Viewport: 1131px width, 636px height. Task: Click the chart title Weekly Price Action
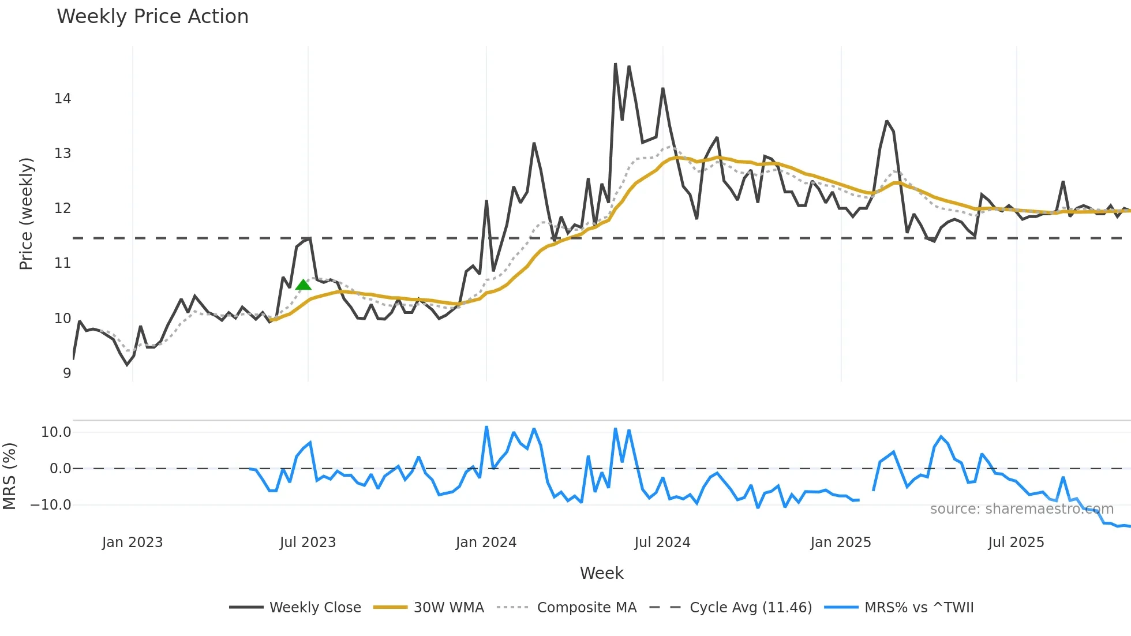152,17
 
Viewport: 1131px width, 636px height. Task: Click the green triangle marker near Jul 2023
303,285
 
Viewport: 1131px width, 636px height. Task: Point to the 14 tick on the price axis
63,99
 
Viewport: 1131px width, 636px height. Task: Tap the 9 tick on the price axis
67,373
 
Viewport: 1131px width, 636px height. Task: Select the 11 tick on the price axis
63,263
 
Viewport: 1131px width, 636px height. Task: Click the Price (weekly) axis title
26,214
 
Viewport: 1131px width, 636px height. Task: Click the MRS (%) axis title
9,476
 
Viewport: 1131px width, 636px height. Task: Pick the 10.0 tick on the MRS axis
56,432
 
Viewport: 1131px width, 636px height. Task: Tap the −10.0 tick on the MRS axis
51,505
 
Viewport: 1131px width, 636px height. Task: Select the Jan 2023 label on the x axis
132,543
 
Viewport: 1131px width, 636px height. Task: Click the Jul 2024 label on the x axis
662,543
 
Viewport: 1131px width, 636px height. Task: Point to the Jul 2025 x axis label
1016,543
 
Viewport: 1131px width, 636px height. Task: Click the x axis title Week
601,573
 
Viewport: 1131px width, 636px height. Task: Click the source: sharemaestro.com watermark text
1021,509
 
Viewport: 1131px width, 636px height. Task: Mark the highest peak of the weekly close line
615,64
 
